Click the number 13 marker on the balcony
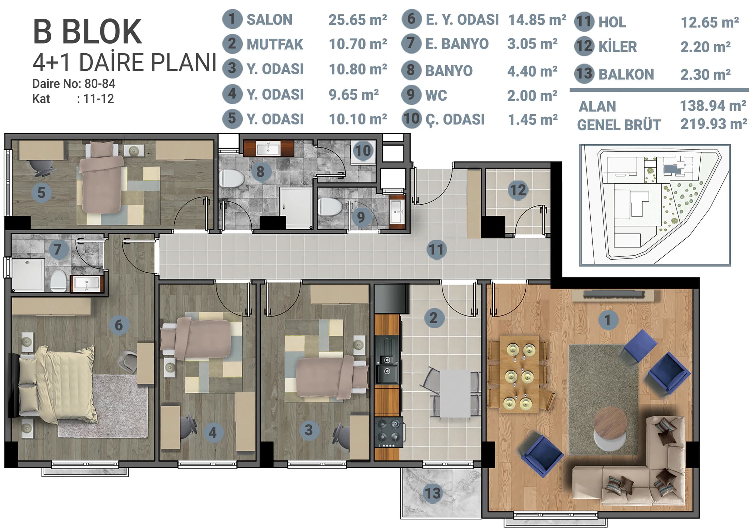(x=433, y=493)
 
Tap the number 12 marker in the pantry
(x=518, y=190)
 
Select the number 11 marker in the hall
(x=436, y=250)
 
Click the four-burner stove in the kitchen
(x=389, y=433)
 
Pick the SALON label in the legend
(x=269, y=20)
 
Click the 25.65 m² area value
(x=358, y=20)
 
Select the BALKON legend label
(x=626, y=74)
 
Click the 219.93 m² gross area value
(x=714, y=124)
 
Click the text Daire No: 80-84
(x=74, y=84)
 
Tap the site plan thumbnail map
(x=655, y=205)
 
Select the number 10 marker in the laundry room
(x=363, y=151)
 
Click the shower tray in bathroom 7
(x=28, y=275)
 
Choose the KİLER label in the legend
(x=618, y=47)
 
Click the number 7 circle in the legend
(x=411, y=43)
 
